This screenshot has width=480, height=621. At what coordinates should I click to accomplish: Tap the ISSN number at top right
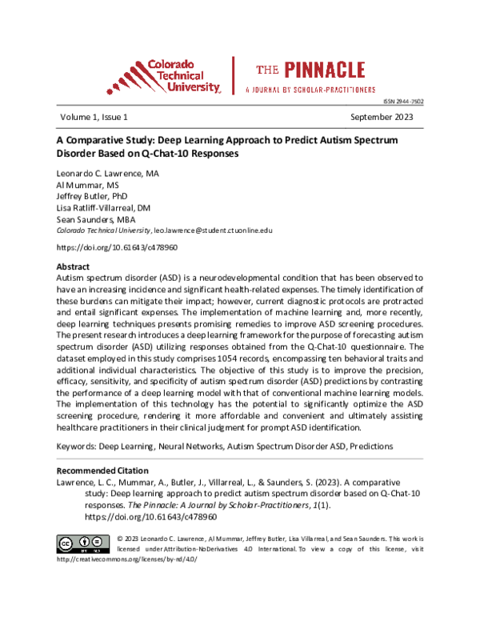405,102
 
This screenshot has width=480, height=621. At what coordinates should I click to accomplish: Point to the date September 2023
386,117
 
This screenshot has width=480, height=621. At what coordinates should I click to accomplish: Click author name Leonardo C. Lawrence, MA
107,173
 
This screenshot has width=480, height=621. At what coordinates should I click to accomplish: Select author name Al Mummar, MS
86,184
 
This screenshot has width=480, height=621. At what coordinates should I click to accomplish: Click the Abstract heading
73,265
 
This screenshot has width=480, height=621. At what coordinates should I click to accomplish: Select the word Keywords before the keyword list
76,445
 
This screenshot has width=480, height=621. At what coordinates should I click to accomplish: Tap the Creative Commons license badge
83,543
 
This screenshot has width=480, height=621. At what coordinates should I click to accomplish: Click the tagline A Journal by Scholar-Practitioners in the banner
310,90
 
